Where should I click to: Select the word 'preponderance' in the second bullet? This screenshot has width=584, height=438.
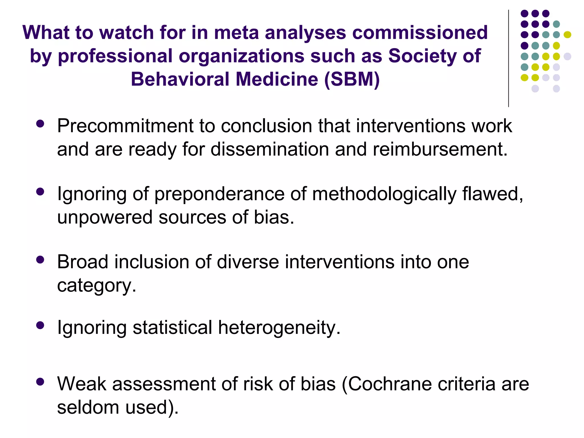point(219,194)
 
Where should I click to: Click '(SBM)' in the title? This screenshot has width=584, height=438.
point(352,79)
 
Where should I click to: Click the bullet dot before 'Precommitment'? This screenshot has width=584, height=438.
point(40,123)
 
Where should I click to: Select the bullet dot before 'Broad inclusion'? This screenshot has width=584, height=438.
point(40,259)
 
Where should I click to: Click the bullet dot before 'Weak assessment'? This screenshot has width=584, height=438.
point(40,382)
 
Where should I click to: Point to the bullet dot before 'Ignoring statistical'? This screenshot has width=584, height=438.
point(40,325)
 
